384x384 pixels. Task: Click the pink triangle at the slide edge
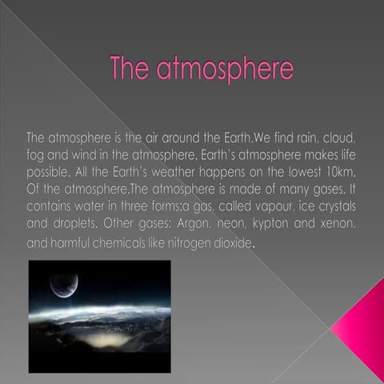pos(361,325)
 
